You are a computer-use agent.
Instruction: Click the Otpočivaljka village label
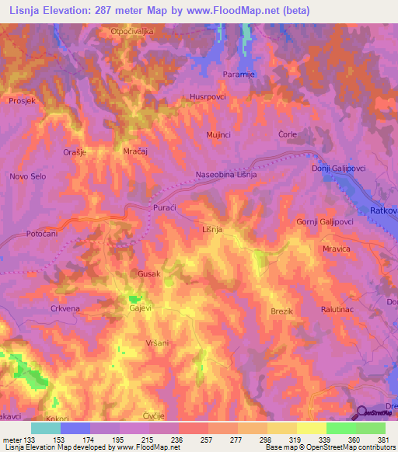pyautogui.click(x=132, y=32)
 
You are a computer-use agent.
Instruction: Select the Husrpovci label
pyautogui.click(x=207, y=97)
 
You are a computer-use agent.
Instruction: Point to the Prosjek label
pyautogui.click(x=23, y=101)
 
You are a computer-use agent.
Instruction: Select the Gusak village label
pyautogui.click(x=148, y=274)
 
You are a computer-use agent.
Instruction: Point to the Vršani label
pyautogui.click(x=156, y=342)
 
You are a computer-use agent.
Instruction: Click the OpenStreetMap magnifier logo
pyautogui.click(x=361, y=413)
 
